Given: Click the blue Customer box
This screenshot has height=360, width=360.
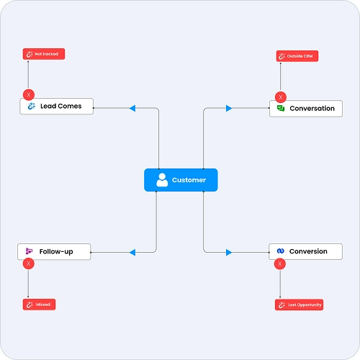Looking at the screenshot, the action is pyautogui.click(x=181, y=180).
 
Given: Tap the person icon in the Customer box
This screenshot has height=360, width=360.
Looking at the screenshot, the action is pyautogui.click(x=162, y=180).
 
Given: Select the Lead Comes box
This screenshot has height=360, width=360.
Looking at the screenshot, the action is pyautogui.click(x=57, y=106).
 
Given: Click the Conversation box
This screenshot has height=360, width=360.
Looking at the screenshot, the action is pyautogui.click(x=306, y=109).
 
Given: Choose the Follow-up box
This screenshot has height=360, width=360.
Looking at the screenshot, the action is pyautogui.click(x=54, y=251).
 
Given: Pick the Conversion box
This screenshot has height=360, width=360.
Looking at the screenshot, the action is pyautogui.click(x=305, y=251).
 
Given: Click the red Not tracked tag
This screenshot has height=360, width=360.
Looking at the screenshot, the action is pyautogui.click(x=44, y=54).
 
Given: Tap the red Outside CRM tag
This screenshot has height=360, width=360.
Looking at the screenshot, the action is pyautogui.click(x=297, y=56).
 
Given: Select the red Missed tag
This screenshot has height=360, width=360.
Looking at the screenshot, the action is pyautogui.click(x=39, y=305).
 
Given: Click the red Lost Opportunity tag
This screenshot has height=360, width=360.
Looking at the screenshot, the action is pyautogui.click(x=299, y=305).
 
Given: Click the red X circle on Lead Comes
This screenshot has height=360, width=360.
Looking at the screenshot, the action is pyautogui.click(x=29, y=95).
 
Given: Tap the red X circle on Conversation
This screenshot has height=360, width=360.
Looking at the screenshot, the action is pyautogui.click(x=281, y=97).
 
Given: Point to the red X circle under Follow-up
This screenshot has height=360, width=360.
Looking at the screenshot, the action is pyautogui.click(x=29, y=264).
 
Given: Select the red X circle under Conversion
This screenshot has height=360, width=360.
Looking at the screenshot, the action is pyautogui.click(x=280, y=264).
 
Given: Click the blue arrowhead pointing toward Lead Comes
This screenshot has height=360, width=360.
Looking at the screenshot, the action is pyautogui.click(x=132, y=108).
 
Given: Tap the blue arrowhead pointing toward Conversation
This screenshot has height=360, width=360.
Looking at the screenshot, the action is pyautogui.click(x=229, y=108).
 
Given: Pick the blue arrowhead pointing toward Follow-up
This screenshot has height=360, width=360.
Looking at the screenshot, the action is pyautogui.click(x=132, y=253).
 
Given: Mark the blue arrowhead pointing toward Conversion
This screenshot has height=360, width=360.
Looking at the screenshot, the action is pyautogui.click(x=229, y=253).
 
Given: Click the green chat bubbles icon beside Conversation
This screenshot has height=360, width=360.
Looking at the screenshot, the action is pyautogui.click(x=281, y=108).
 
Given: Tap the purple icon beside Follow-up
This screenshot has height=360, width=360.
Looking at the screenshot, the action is pyautogui.click(x=29, y=251).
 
